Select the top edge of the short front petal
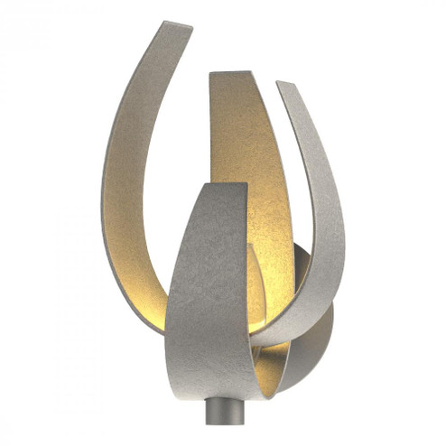tap(222, 188)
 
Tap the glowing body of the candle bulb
tap(256, 289)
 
